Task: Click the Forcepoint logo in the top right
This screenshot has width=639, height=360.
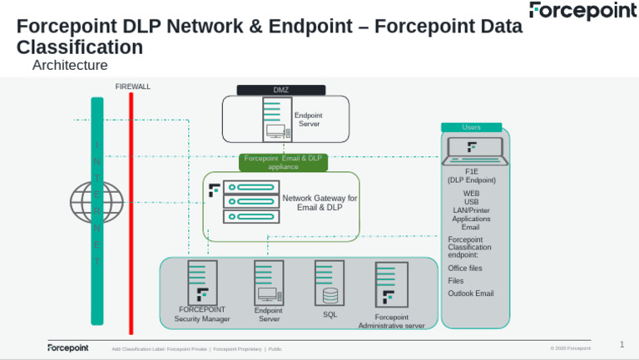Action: (582, 11)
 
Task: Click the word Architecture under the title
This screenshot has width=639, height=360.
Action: (70, 65)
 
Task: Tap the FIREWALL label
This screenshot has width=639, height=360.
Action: (132, 86)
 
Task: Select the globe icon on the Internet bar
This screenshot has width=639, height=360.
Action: (97, 202)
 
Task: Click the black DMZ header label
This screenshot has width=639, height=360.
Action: (280, 90)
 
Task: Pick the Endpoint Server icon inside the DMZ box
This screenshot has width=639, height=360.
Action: (276, 120)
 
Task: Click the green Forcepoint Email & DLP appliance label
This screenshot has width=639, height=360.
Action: (282, 162)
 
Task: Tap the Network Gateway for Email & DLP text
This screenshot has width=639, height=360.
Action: (319, 203)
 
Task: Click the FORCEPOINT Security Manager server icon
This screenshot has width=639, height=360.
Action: (201, 283)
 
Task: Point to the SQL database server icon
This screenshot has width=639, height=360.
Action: (329, 283)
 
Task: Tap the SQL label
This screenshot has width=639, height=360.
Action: (329, 315)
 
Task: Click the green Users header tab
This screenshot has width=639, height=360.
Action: (471, 127)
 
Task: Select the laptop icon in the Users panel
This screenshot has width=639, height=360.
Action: (472, 150)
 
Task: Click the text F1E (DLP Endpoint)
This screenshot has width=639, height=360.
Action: (471, 175)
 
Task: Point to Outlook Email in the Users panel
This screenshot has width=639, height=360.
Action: (471, 293)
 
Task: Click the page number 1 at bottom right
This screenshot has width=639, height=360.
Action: (622, 344)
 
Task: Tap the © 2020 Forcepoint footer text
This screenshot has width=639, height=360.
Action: (570, 348)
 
